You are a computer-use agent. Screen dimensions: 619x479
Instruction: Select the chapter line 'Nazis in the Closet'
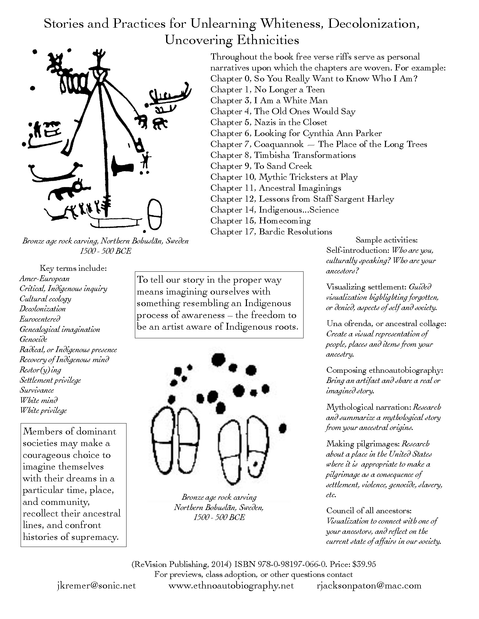point(268,123)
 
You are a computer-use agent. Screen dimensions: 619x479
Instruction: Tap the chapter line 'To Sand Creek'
point(261,166)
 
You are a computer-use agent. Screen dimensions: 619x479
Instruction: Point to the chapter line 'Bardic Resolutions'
point(271,232)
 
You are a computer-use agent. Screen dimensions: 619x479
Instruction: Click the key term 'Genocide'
point(33,339)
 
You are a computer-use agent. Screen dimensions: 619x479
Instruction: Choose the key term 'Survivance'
point(37,390)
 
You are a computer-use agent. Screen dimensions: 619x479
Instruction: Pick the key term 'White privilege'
point(43,411)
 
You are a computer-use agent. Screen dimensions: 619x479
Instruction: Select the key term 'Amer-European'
point(44,279)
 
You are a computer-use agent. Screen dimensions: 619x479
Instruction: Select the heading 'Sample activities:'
point(386,240)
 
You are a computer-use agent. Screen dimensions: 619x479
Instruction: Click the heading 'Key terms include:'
point(73,268)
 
